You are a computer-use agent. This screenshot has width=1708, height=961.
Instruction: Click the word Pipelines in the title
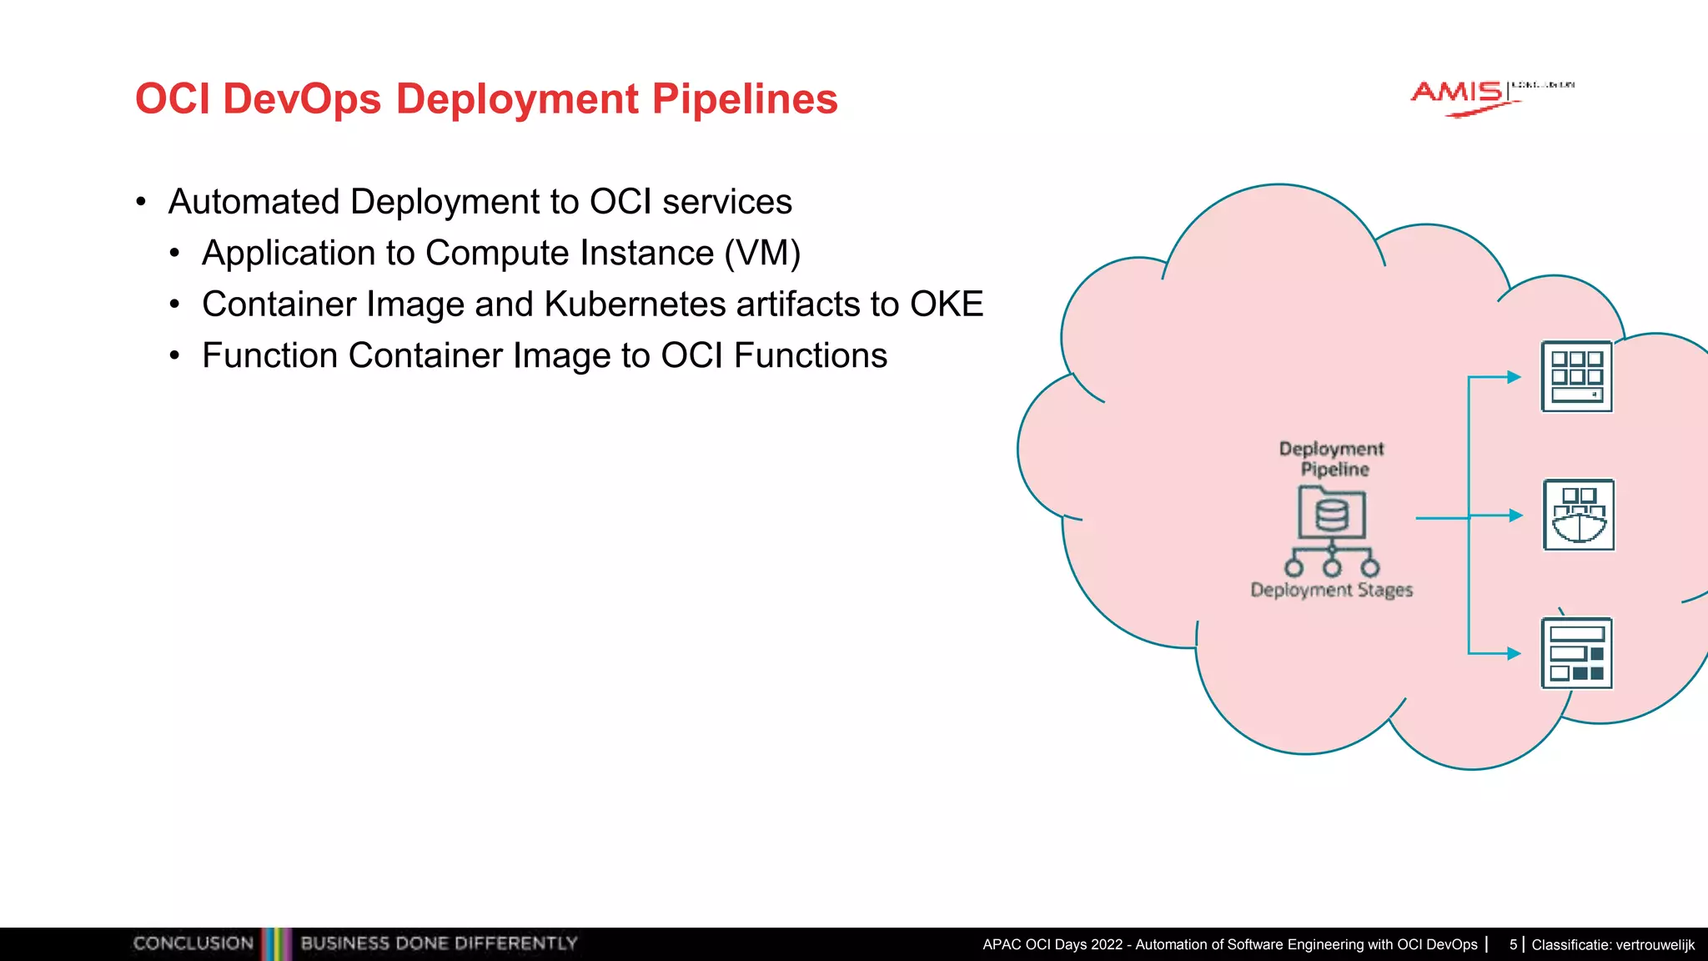pyautogui.click(x=744, y=100)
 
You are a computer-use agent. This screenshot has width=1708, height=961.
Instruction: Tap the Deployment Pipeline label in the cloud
pyautogui.click(x=1332, y=459)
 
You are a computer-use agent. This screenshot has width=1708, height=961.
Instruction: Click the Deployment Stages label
pyautogui.click(x=1332, y=591)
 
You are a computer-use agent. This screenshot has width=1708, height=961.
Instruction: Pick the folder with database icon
pyautogui.click(x=1332, y=513)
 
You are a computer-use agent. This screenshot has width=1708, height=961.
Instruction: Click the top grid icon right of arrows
pyautogui.click(x=1576, y=377)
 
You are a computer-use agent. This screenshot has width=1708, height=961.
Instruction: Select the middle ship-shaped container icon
pyautogui.click(x=1579, y=516)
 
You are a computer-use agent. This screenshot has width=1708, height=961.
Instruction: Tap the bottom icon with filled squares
pyautogui.click(x=1576, y=654)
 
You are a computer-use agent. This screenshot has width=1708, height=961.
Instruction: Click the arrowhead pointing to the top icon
pyautogui.click(x=1515, y=377)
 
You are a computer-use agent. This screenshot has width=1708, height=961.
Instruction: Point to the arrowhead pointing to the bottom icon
pyautogui.click(x=1515, y=654)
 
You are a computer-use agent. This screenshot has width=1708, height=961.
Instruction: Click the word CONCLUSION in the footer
pyautogui.click(x=193, y=943)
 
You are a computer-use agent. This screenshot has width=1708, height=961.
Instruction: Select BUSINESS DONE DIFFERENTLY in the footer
pyautogui.click(x=439, y=943)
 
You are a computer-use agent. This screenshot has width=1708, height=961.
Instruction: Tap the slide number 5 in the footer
pyautogui.click(x=1513, y=945)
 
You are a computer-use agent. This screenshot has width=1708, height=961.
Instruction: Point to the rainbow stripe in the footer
pyautogui.click(x=277, y=943)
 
